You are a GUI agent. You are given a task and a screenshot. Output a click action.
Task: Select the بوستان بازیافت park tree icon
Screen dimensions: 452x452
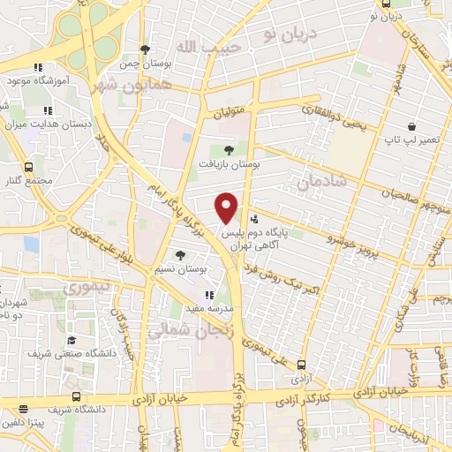230,151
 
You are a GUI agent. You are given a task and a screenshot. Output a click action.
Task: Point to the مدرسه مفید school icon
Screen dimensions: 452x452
209,296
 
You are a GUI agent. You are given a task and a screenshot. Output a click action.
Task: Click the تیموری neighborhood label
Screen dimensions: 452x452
89,287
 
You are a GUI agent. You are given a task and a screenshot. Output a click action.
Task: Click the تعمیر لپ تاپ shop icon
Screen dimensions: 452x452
412,127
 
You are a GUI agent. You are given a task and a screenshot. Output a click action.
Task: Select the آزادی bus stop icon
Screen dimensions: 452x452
302,364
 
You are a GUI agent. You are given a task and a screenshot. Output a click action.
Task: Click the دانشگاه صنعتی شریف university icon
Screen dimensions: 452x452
72,340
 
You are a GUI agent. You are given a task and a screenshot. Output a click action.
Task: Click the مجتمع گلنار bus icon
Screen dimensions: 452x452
29,166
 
